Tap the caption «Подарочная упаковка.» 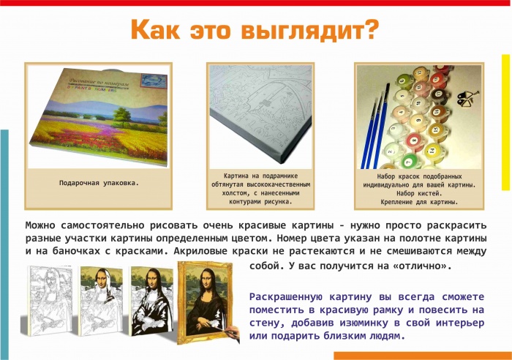click(x=98, y=181)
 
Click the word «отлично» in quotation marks click(x=421, y=266)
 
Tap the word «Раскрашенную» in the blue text click(x=288, y=297)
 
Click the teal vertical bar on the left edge click(x=4, y=241)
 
